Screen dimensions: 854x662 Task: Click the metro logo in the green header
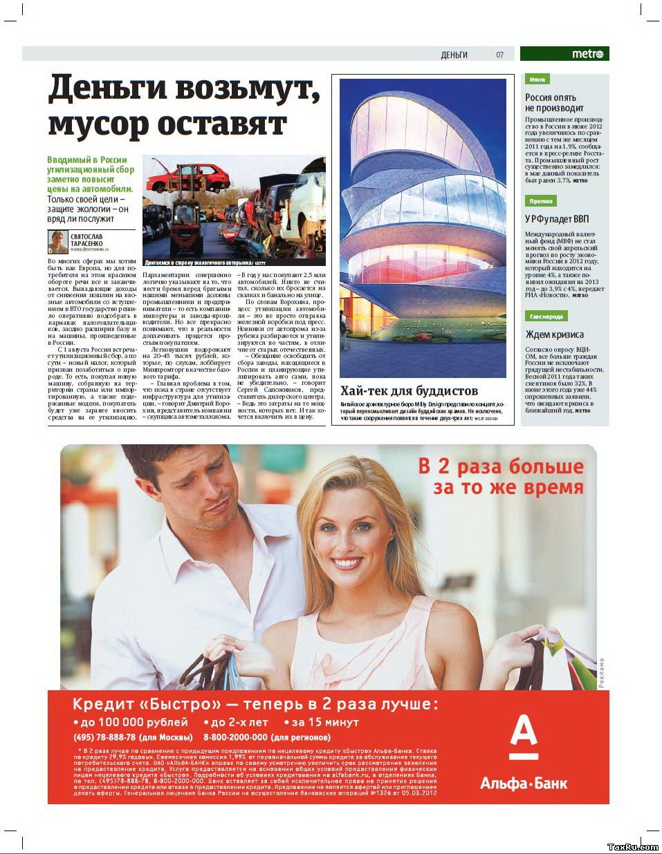pos(587,54)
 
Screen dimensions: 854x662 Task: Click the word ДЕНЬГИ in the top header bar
pos(454,55)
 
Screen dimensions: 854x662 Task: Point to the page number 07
pos(499,55)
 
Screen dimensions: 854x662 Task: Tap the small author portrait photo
pos(57,242)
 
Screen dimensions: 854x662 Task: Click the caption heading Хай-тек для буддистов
pos(409,391)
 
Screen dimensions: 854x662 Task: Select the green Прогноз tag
pos(540,201)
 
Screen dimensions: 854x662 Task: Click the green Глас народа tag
pos(546,316)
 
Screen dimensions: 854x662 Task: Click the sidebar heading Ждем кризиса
pos(554,334)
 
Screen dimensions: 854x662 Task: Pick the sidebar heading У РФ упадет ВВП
pos(557,219)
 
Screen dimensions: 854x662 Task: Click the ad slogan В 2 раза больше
pos(501,466)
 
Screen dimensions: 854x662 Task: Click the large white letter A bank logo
pos(524,738)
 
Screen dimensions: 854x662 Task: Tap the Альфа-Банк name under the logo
pos(524,784)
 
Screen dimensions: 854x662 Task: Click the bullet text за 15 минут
pos(324,722)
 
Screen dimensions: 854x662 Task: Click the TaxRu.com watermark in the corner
pos(632,846)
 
